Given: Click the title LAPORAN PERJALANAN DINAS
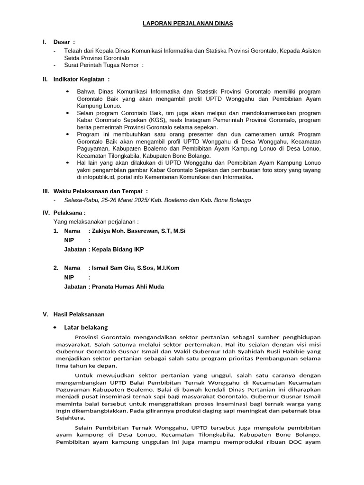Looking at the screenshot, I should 189,23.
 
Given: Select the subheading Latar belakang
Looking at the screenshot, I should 86,327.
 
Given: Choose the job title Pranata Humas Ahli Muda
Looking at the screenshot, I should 128,287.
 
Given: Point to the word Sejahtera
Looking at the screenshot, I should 71,418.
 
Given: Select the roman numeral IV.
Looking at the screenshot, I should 46,213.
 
